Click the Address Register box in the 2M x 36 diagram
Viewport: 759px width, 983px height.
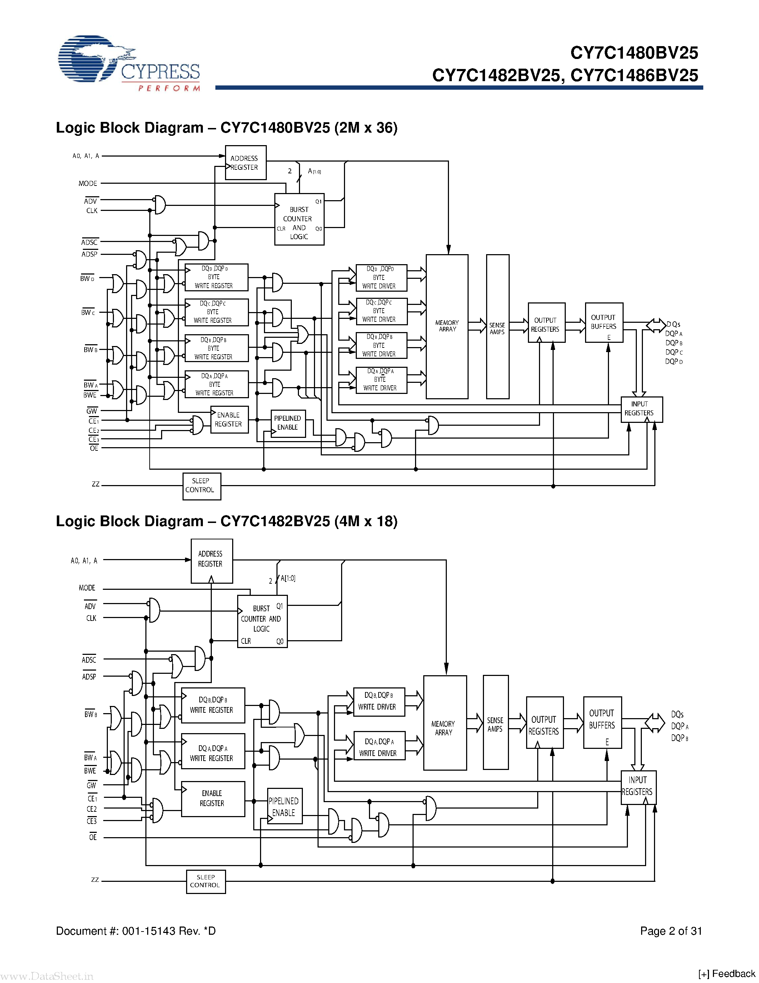[x=245, y=163]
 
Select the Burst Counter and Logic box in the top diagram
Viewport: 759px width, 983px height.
[x=299, y=219]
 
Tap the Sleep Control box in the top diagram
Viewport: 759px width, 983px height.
[x=201, y=486]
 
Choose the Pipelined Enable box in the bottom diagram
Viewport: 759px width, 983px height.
[x=285, y=806]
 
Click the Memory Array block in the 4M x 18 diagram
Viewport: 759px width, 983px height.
[x=444, y=723]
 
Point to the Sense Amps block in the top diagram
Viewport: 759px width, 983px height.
[x=497, y=327]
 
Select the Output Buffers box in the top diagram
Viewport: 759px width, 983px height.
[x=603, y=322]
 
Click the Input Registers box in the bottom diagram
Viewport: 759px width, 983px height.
[x=638, y=787]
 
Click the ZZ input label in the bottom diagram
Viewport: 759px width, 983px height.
[x=95, y=879]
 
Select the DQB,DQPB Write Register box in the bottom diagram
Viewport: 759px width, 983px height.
[x=213, y=705]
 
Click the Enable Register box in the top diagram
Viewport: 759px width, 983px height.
[x=229, y=420]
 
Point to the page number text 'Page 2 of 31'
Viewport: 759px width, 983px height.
[x=670, y=931]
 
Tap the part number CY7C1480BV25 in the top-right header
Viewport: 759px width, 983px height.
[x=634, y=53]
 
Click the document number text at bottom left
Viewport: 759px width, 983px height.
[x=135, y=931]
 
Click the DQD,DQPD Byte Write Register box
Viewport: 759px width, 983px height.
[x=216, y=277]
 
